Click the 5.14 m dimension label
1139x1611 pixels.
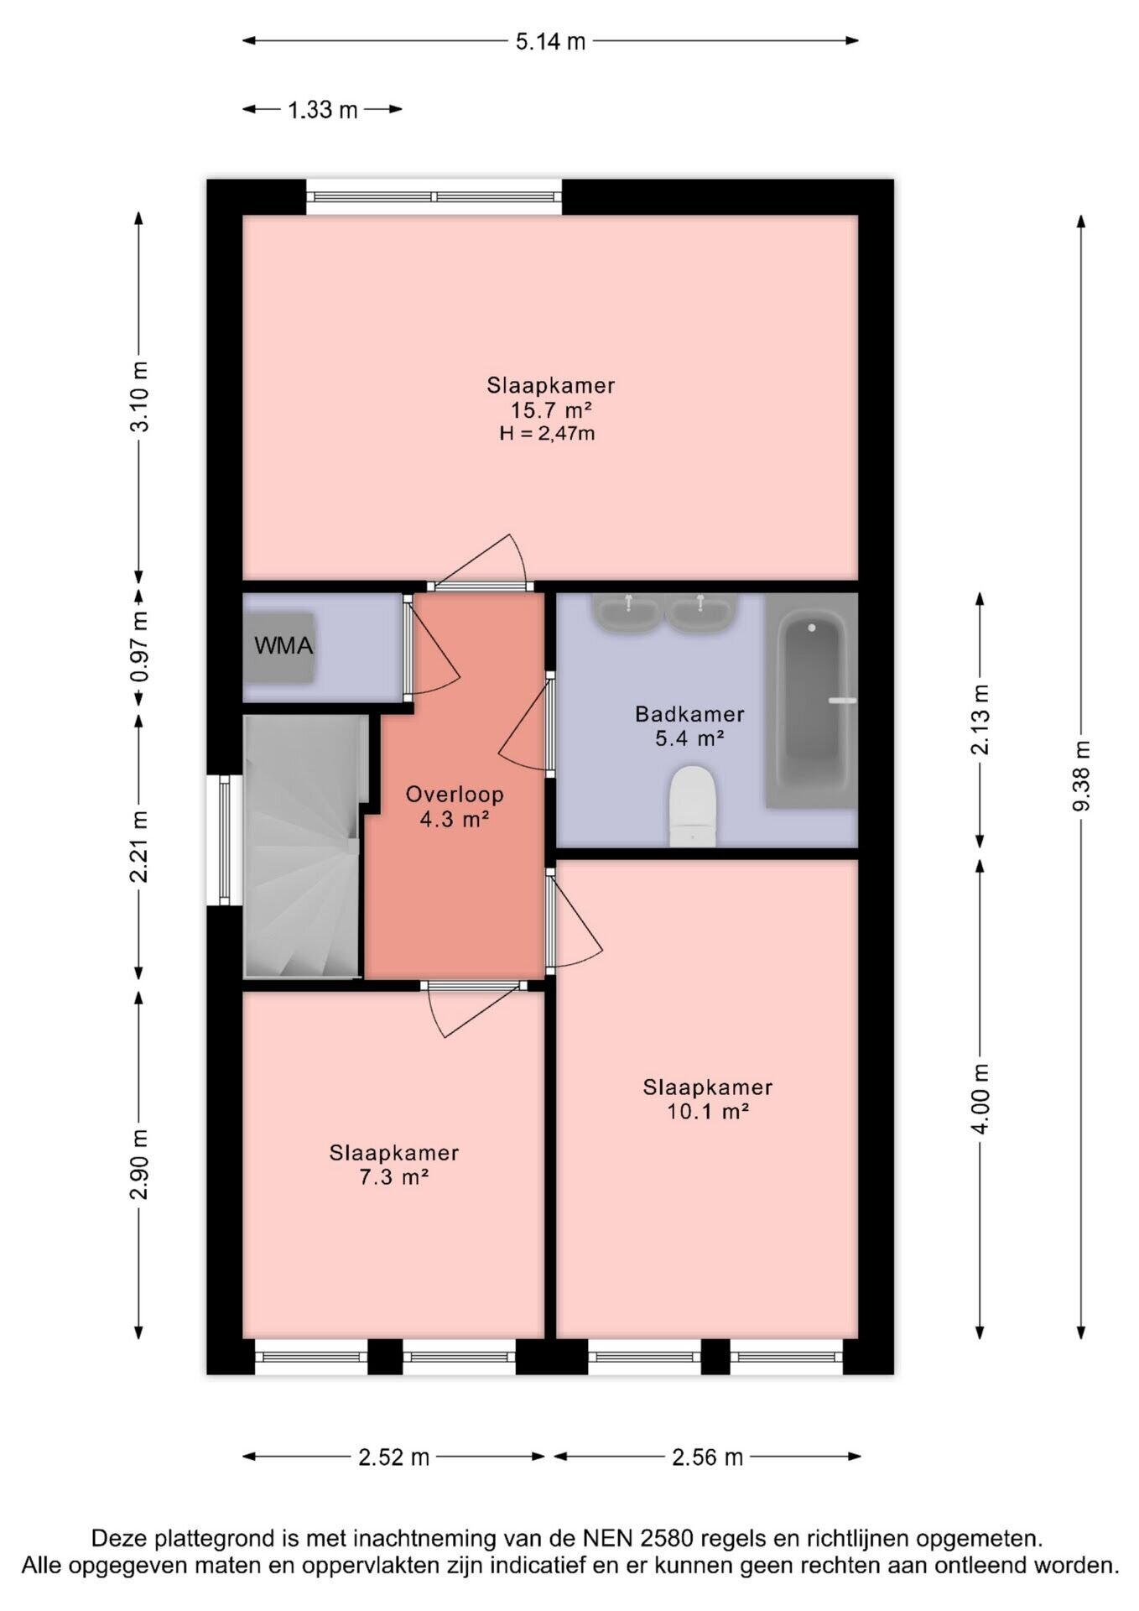click(x=550, y=41)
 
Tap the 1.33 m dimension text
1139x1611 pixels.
click(x=323, y=110)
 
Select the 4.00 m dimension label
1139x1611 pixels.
click(x=980, y=1098)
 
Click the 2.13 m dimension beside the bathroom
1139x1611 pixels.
click(x=980, y=719)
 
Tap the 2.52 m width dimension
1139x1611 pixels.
click(x=394, y=1457)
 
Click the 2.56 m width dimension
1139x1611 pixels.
click(x=707, y=1457)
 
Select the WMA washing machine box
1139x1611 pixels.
click(x=279, y=647)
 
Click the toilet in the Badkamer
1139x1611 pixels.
click(x=693, y=806)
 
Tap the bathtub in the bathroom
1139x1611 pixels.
click(x=811, y=701)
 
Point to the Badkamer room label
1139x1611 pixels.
click(x=689, y=714)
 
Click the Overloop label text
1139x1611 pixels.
click(x=455, y=794)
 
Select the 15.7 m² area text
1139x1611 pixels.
click(x=551, y=410)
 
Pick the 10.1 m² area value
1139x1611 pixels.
click(x=707, y=1112)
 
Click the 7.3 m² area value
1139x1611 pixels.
click(x=394, y=1177)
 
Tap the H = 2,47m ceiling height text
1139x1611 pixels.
click(x=548, y=434)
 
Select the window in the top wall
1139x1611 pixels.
click(x=434, y=197)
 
